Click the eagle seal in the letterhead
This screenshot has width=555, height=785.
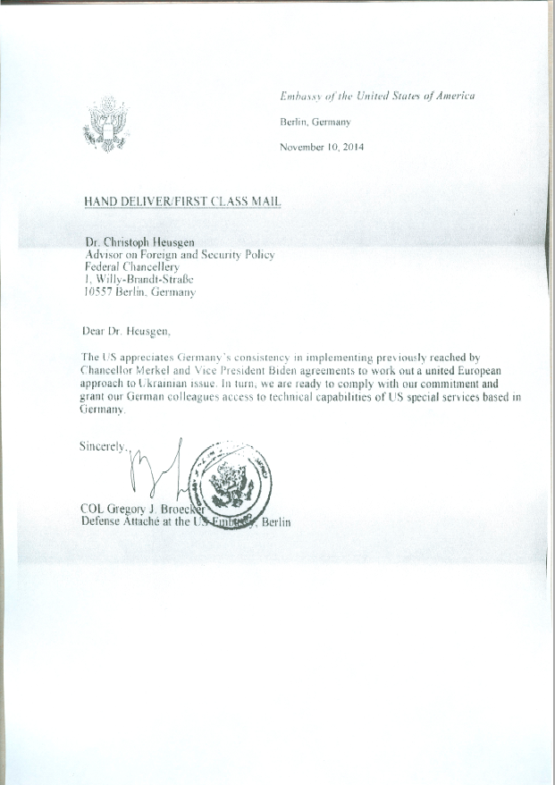105,124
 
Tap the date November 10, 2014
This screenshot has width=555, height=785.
322,147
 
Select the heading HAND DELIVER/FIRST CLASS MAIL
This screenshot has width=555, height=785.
182,202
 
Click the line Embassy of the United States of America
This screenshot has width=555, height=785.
377,96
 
